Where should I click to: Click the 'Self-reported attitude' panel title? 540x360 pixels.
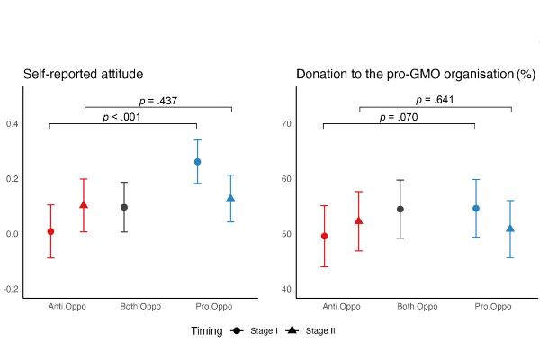(x=84, y=73)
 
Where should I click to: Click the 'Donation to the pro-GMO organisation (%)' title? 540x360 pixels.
(x=416, y=73)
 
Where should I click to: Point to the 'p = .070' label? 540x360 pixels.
(x=398, y=117)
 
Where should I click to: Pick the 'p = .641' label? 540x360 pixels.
(x=436, y=101)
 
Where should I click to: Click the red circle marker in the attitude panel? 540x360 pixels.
(x=50, y=231)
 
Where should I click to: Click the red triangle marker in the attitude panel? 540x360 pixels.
(x=84, y=205)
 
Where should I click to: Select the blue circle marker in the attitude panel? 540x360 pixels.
(x=197, y=162)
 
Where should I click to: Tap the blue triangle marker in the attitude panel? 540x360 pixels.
(x=231, y=198)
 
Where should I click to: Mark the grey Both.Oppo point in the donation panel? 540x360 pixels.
(x=400, y=209)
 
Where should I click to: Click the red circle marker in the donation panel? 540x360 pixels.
(x=324, y=236)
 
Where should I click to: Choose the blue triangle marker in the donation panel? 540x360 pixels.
(x=510, y=229)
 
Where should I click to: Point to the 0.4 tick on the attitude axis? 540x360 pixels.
(x=13, y=123)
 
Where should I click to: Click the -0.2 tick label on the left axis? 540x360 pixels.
(x=11, y=289)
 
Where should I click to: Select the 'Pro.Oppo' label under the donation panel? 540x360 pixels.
(x=493, y=307)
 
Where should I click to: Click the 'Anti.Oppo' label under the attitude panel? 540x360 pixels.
(x=67, y=307)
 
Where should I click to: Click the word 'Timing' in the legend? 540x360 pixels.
(x=206, y=331)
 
